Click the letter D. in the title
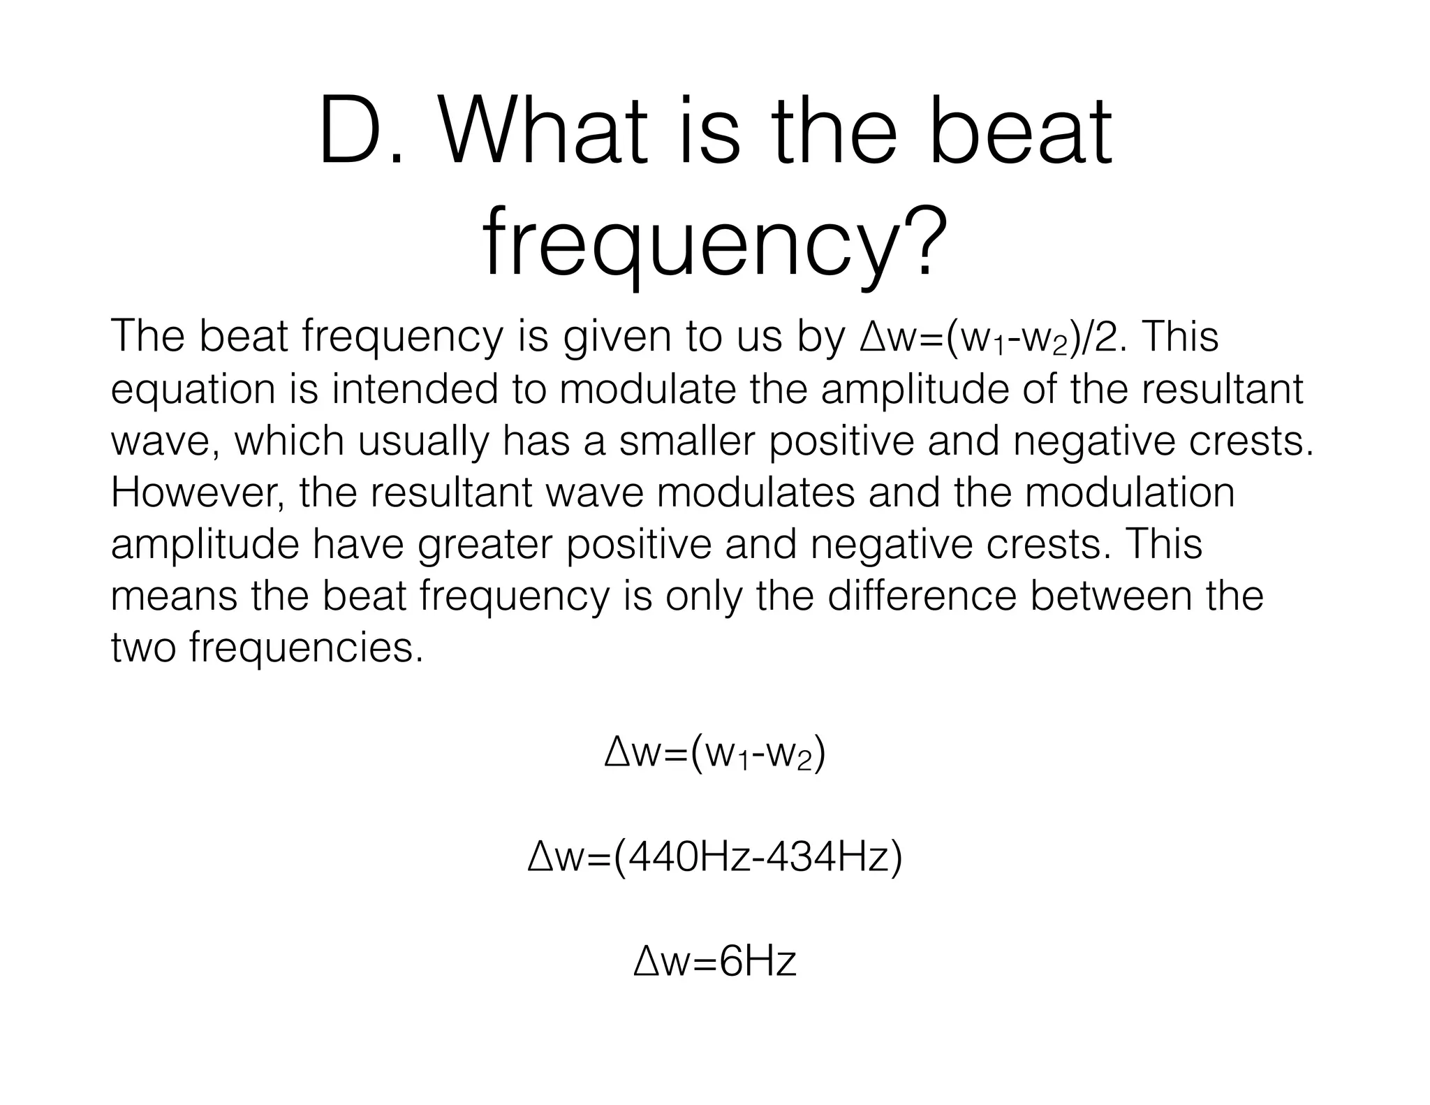(360, 133)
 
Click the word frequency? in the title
(715, 244)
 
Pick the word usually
(423, 441)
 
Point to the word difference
(923, 596)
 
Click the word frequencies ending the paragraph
(306, 648)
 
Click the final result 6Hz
(757, 962)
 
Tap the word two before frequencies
(145, 648)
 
